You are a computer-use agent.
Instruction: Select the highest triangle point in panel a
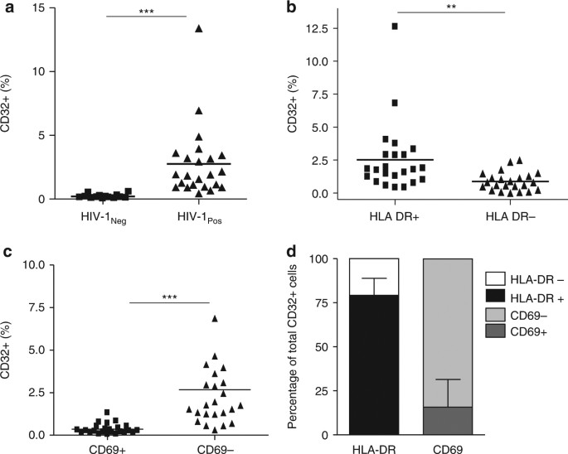tap(199, 29)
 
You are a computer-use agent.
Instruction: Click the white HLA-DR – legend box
tap(489, 282)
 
